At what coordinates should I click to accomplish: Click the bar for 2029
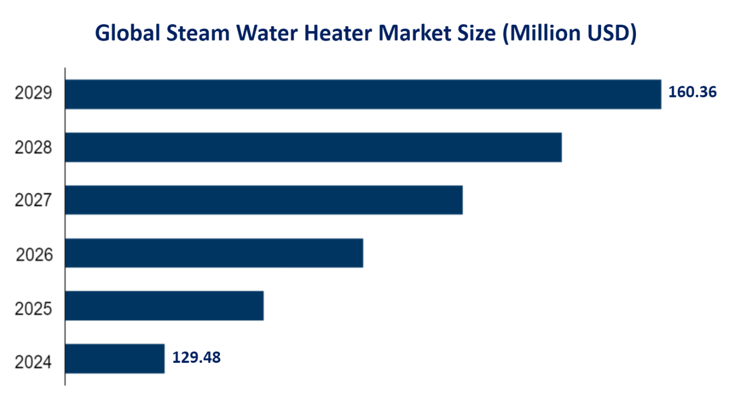click(363, 94)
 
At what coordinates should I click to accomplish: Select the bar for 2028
click(313, 147)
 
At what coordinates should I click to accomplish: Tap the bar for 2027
click(264, 200)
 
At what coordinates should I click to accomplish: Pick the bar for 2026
click(214, 253)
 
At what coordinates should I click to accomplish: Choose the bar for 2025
click(164, 306)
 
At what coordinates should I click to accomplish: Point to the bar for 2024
click(115, 359)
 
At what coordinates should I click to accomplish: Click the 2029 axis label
click(33, 94)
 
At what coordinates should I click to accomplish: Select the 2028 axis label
click(33, 148)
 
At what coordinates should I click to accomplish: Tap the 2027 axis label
click(33, 201)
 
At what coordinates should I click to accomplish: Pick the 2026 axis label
click(34, 255)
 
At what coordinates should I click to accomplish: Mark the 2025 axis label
click(33, 309)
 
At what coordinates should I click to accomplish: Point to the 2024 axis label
click(33, 362)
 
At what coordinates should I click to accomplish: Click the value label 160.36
click(692, 92)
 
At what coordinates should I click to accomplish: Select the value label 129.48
click(196, 357)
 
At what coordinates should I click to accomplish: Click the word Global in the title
click(126, 33)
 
